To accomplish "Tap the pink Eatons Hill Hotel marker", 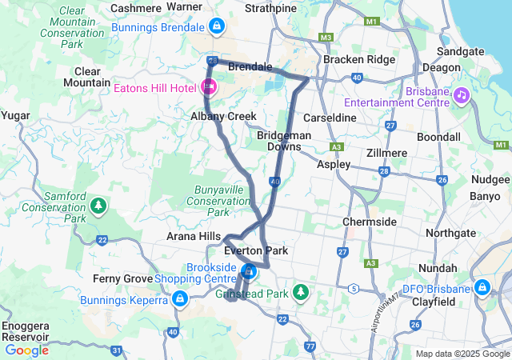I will pyautogui.click(x=209, y=86).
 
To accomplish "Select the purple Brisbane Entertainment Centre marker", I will pyautogui.click(x=461, y=96).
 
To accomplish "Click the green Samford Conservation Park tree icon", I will pyautogui.click(x=98, y=206).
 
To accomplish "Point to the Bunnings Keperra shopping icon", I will pyautogui.click(x=180, y=299).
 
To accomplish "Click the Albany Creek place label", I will pyautogui.click(x=223, y=117).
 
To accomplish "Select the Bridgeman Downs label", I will pyautogui.click(x=284, y=141).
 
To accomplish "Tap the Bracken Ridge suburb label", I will pyautogui.click(x=359, y=60).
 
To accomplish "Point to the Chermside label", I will pyautogui.click(x=369, y=221).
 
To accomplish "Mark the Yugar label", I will pyautogui.click(x=15, y=115).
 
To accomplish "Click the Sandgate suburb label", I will pyautogui.click(x=462, y=50).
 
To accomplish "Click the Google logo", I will pyautogui.click(x=27, y=350).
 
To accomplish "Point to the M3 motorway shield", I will pyautogui.click(x=324, y=38).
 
